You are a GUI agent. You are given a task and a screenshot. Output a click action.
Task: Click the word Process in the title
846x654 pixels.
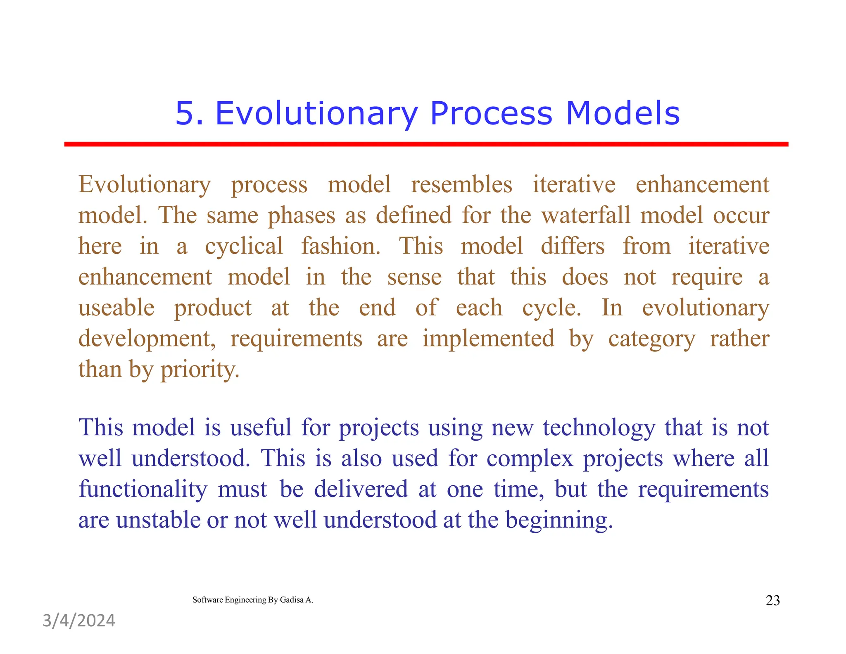point(491,113)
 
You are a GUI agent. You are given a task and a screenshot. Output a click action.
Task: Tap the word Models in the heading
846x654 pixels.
point(623,113)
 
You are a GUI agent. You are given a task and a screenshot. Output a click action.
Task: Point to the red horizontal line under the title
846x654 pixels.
point(425,144)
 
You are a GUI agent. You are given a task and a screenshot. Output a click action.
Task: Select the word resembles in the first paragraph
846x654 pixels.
point(461,184)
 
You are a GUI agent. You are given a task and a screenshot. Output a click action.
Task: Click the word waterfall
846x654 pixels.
point(586,215)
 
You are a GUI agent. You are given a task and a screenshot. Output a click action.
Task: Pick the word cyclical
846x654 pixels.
point(244,246)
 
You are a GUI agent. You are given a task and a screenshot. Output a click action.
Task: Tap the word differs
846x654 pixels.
point(573,246)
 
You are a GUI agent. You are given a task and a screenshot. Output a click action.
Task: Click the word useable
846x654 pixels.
point(116,308)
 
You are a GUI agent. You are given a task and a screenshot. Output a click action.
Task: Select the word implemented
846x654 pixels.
point(488,339)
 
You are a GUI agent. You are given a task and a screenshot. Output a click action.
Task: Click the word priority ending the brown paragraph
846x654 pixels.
point(200,370)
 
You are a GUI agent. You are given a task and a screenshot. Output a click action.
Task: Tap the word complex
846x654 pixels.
point(530,459)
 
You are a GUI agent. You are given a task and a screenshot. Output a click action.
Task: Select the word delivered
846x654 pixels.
point(361,489)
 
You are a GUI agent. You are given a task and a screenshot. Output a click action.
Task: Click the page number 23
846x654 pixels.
point(772,600)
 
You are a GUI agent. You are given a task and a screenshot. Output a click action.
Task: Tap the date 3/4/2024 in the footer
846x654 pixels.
point(79,621)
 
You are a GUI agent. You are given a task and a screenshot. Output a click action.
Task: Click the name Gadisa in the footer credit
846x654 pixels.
point(292,600)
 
